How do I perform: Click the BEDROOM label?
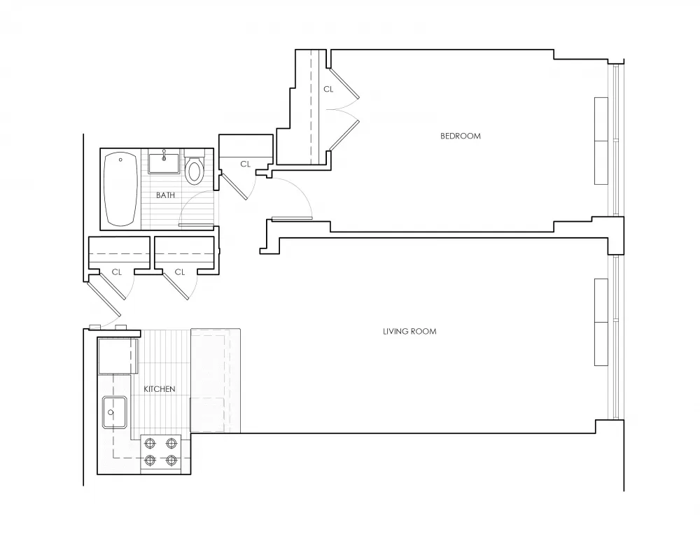click(x=461, y=136)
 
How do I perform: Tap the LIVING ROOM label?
click(x=409, y=331)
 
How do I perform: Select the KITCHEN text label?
click(x=160, y=389)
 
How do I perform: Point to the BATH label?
click(x=166, y=195)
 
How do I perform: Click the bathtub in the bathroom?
click(x=120, y=190)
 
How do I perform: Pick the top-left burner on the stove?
click(x=150, y=443)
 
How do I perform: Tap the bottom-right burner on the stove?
click(x=171, y=460)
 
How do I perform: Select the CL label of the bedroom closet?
click(x=328, y=90)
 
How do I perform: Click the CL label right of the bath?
click(x=245, y=164)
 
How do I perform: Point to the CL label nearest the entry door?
click(x=117, y=272)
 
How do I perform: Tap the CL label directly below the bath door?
click(x=180, y=272)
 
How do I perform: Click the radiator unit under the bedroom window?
click(x=601, y=141)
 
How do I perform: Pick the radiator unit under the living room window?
click(x=601, y=322)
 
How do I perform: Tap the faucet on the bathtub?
click(x=121, y=161)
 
